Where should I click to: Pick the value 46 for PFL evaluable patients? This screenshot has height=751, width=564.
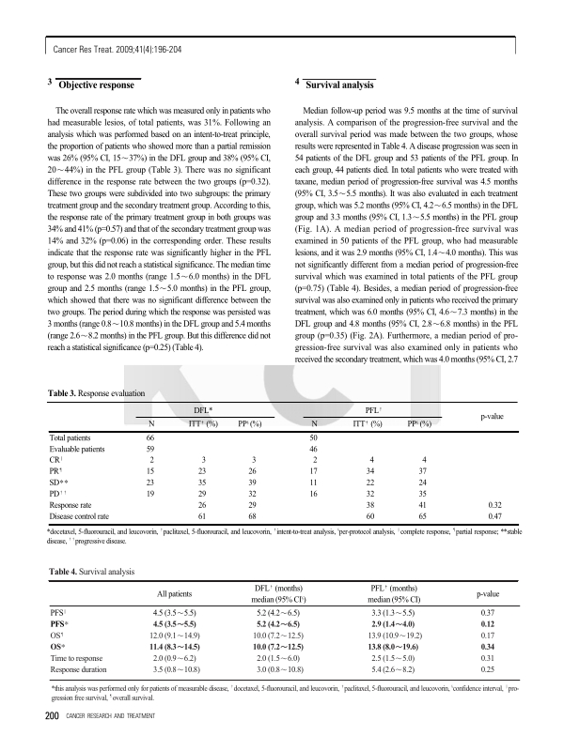[x=314, y=449]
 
